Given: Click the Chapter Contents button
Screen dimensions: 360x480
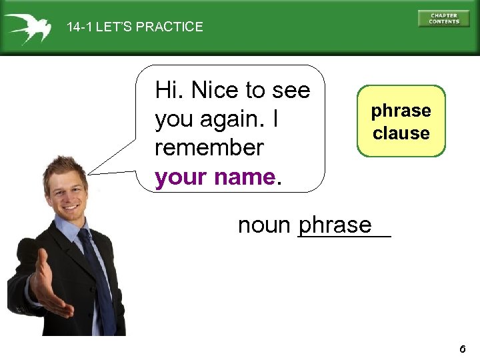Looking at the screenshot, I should (443, 19).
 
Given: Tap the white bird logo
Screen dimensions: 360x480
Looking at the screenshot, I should (28, 27).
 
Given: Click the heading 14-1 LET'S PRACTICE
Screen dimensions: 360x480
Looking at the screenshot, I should (135, 27).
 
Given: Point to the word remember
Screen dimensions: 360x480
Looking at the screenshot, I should (209, 147).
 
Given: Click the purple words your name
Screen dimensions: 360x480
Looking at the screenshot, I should (215, 177).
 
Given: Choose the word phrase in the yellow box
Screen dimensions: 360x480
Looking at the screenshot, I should (401, 111).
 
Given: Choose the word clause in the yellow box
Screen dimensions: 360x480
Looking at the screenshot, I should (401, 133).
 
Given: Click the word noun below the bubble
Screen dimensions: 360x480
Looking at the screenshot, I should (264, 225).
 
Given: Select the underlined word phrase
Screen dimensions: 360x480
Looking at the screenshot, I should (335, 225).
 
